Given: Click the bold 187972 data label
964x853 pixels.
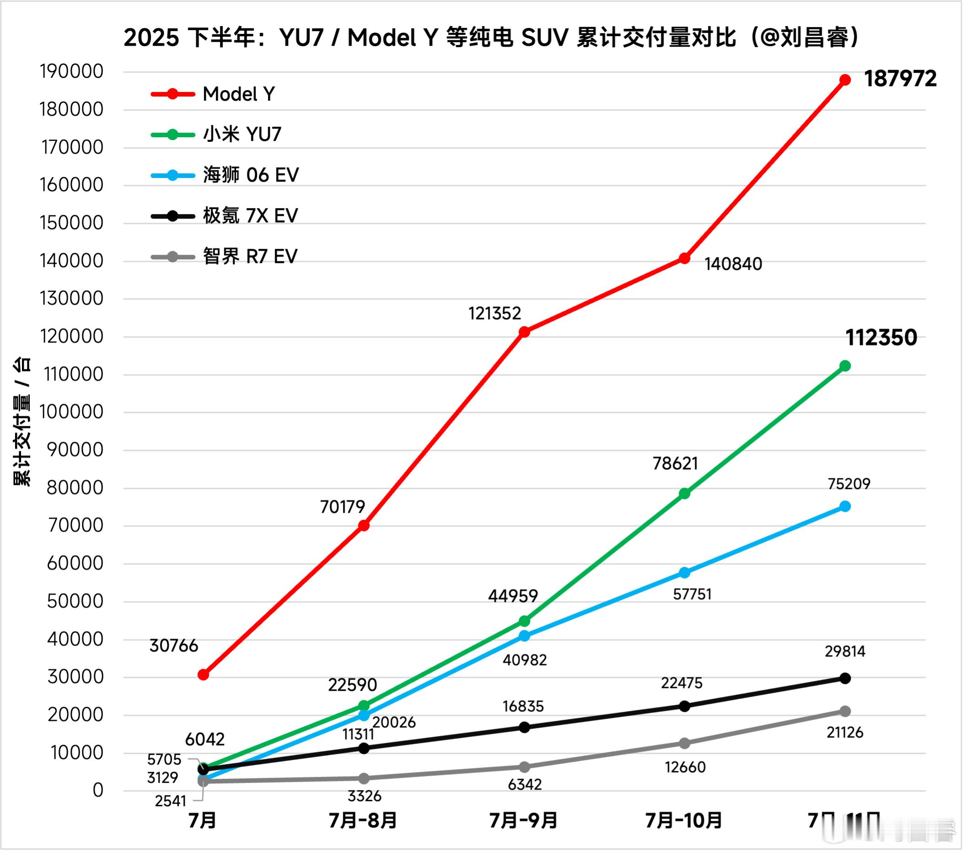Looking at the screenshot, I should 900,79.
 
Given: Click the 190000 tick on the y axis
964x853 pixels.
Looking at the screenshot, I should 72,72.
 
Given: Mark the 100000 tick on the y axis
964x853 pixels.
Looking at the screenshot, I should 72,412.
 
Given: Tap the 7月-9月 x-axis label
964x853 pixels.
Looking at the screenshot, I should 524,821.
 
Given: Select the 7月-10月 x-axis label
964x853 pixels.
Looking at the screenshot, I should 684,821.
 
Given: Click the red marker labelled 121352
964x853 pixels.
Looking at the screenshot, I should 524,332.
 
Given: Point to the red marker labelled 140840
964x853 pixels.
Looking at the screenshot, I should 684,258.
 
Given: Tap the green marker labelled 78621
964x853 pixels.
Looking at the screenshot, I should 684,494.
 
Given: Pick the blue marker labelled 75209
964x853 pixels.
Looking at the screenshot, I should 845,506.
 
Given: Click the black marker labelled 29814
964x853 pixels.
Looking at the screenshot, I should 845,678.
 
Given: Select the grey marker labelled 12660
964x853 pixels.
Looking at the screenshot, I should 684,743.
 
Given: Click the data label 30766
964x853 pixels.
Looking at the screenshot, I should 174,645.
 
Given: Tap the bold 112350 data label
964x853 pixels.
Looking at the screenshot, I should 880,338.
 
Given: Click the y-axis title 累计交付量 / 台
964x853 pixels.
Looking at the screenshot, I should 21,421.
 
